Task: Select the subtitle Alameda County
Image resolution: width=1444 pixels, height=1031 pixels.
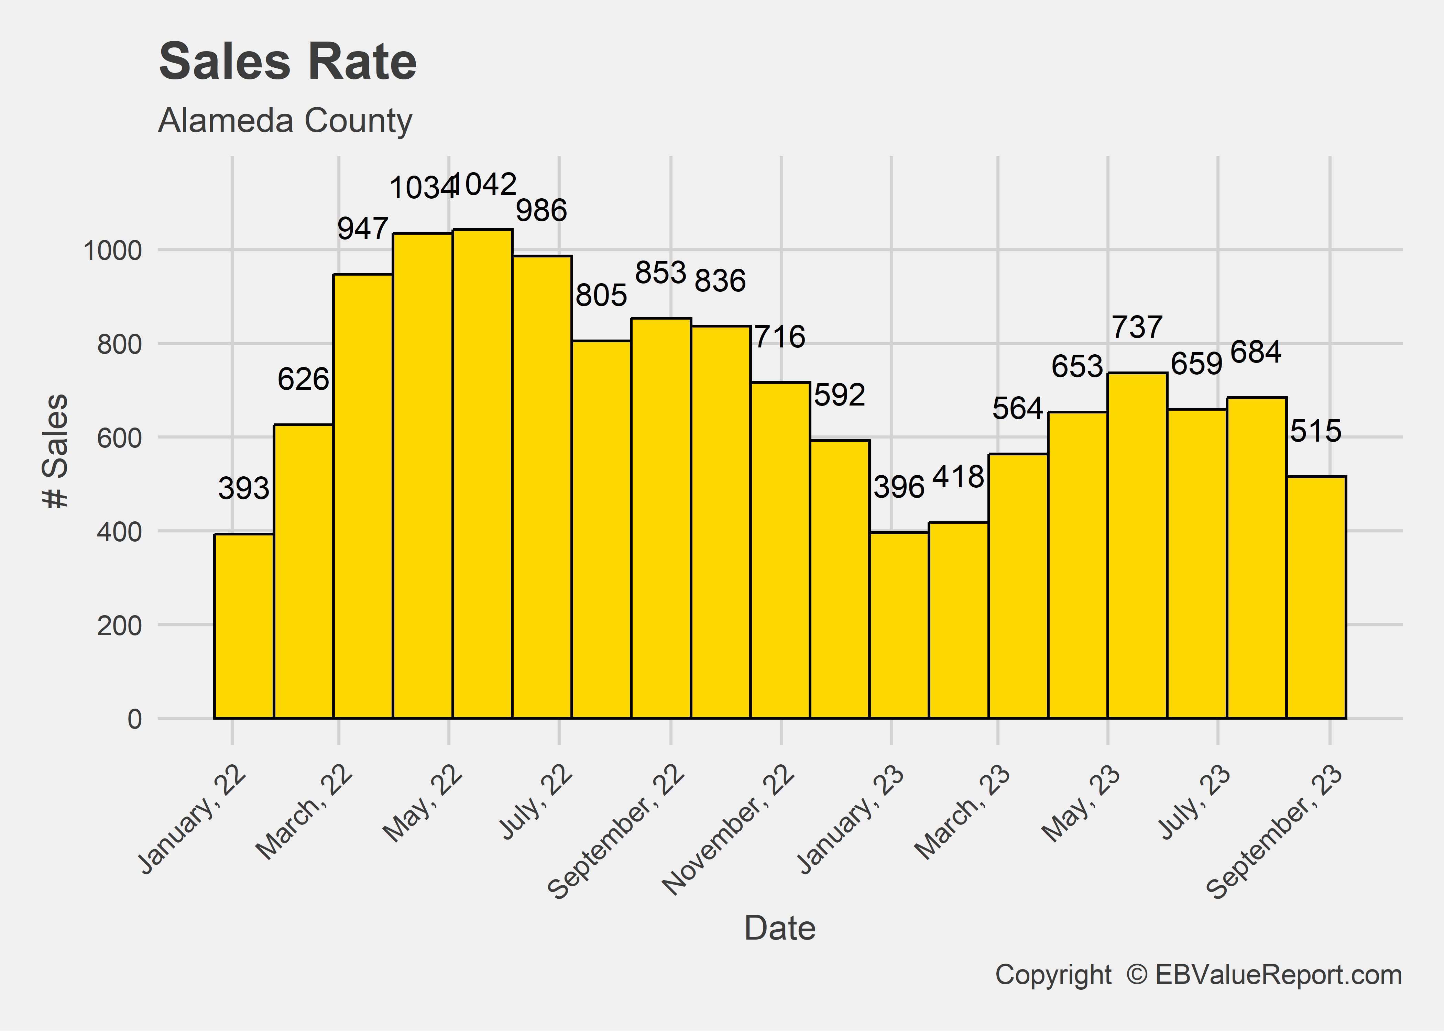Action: (x=285, y=121)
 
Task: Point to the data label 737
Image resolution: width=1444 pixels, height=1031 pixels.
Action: (x=1137, y=328)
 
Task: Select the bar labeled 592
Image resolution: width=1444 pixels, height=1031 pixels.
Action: (x=840, y=579)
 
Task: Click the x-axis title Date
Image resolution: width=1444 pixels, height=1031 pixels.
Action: (x=780, y=928)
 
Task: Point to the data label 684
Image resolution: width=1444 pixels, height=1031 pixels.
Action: (x=1255, y=352)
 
